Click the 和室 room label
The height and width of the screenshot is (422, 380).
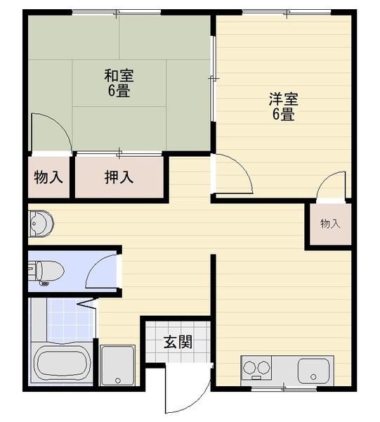[x=119, y=75]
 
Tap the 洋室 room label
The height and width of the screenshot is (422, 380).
[x=283, y=98]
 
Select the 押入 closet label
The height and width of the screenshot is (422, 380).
[x=119, y=177]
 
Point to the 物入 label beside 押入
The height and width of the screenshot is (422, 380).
[x=48, y=177]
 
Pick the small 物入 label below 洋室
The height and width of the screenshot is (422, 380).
[x=330, y=224]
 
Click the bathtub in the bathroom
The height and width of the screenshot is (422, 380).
[x=61, y=364]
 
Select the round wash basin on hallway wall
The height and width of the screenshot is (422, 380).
[x=40, y=224]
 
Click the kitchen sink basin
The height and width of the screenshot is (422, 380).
[x=313, y=371]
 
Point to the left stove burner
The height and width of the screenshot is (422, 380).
[x=249, y=367]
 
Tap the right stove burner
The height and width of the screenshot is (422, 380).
[x=263, y=367]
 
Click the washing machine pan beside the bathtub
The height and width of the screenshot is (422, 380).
[x=117, y=365]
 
